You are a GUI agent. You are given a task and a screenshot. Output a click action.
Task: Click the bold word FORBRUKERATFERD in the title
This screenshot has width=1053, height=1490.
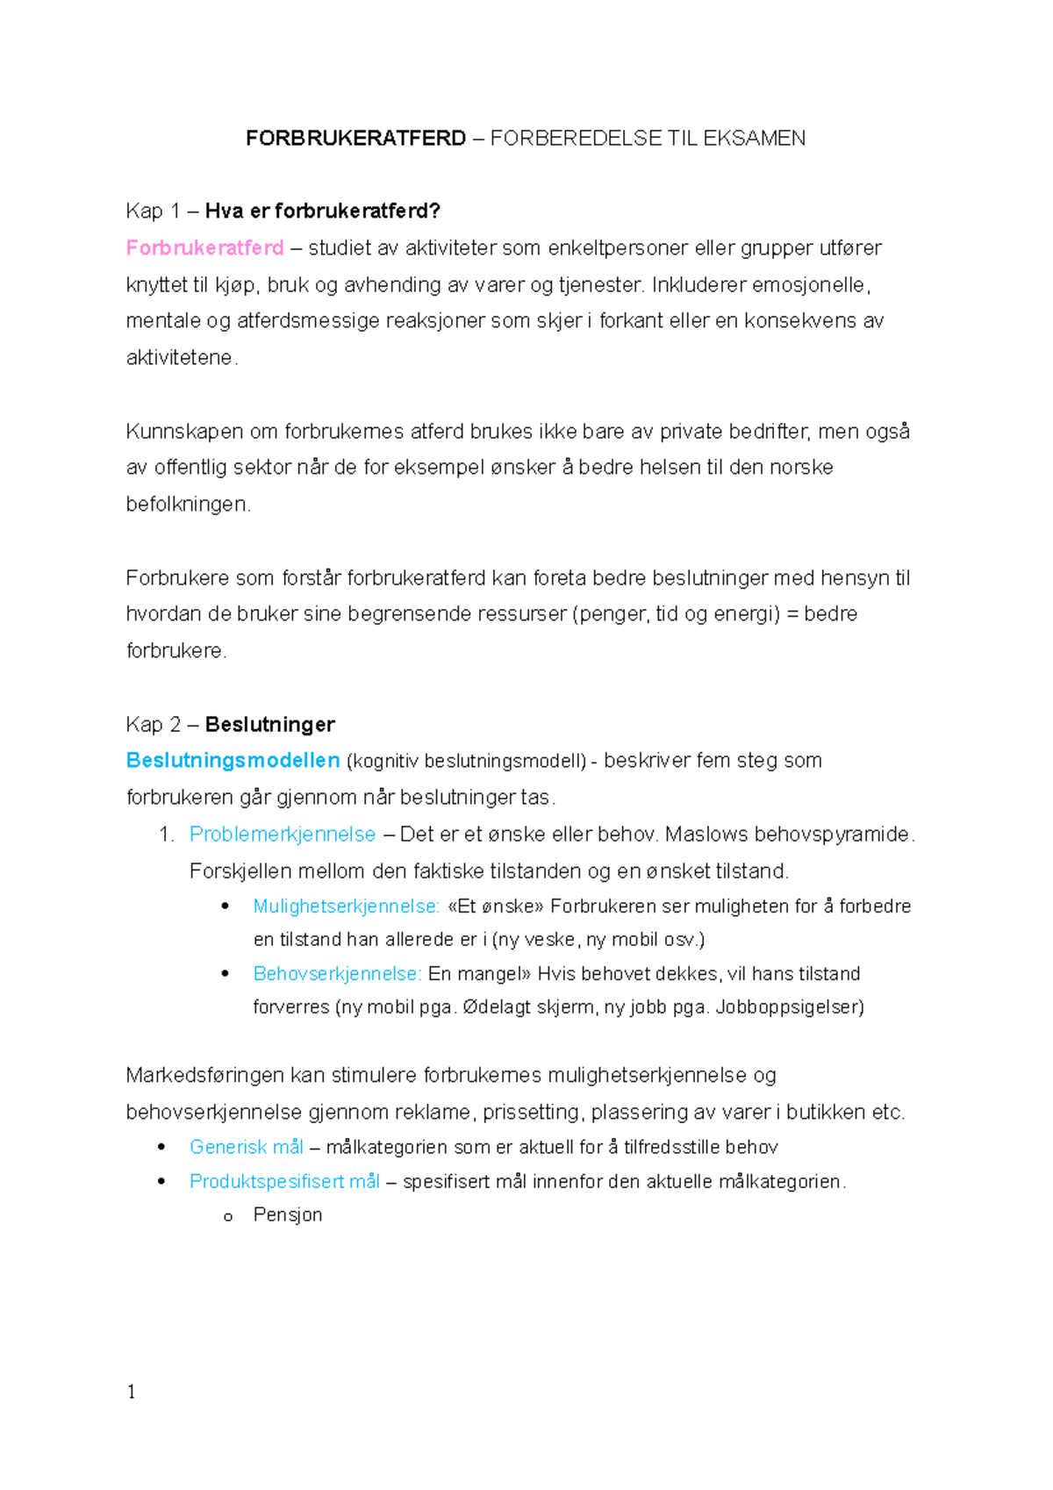pos(355,139)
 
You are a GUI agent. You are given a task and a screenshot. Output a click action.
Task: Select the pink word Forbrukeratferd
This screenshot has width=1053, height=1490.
pos(204,248)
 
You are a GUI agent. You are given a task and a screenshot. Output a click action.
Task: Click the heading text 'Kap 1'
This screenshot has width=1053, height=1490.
pos(153,211)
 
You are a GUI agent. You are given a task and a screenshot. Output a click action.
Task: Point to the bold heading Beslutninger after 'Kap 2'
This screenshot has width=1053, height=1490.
pos(269,725)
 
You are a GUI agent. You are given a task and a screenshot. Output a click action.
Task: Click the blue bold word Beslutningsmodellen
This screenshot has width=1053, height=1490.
pos(233,761)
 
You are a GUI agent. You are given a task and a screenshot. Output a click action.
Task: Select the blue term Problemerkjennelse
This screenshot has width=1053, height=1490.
pos(283,835)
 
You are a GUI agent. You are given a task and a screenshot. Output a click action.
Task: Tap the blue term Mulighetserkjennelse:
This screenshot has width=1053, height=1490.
pos(346,906)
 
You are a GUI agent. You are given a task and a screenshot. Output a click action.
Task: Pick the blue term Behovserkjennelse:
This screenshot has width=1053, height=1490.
pos(337,974)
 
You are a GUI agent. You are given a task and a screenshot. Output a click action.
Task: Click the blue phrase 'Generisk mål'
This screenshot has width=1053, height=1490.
pos(246,1148)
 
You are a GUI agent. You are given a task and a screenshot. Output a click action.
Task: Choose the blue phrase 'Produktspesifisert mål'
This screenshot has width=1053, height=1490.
pos(284,1182)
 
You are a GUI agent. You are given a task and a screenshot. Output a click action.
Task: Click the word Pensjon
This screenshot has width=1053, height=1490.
pos(288,1215)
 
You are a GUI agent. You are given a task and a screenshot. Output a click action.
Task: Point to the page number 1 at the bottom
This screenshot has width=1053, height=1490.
pos(132,1393)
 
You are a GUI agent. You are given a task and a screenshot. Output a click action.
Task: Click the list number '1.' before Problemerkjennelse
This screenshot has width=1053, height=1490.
pos(167,835)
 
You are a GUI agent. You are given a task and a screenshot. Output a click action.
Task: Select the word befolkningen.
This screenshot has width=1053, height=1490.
pos(188,505)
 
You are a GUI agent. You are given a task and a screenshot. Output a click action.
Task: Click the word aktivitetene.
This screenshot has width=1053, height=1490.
pos(180,358)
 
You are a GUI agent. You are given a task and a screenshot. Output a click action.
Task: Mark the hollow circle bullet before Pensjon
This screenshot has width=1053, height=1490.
pos(228,1217)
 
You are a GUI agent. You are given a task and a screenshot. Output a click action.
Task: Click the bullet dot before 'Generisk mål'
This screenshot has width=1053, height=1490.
pos(161,1147)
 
